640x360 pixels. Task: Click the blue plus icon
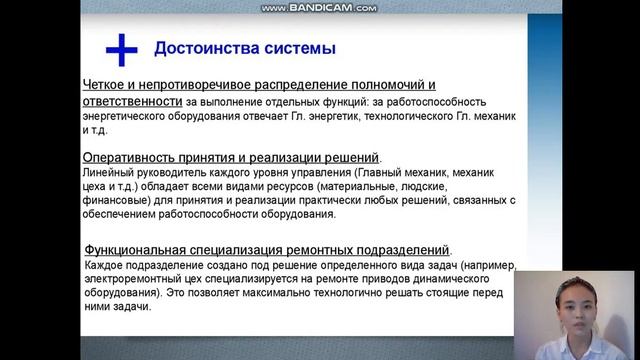point(121,48)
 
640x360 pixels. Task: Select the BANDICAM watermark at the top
point(319,7)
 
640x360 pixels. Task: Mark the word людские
point(428,186)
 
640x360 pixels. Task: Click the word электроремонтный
point(138,280)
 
